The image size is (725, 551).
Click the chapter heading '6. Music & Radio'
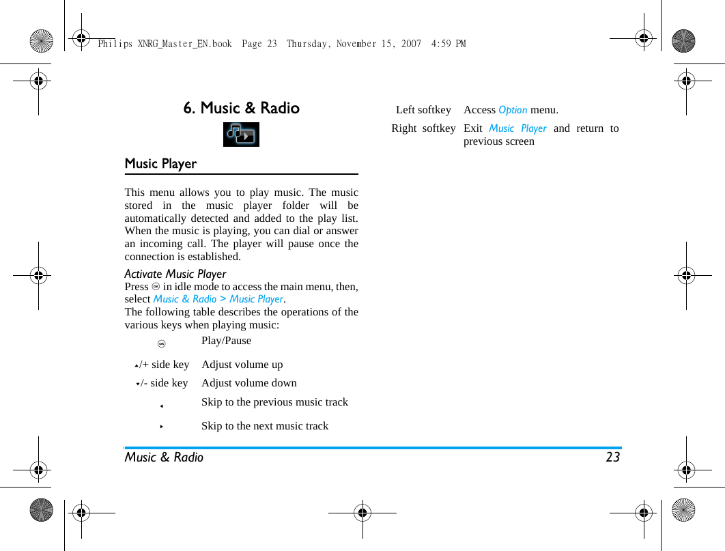click(241, 108)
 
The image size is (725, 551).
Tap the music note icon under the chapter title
click(241, 135)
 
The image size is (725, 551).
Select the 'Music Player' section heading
click(160, 164)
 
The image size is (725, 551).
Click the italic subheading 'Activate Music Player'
click(175, 274)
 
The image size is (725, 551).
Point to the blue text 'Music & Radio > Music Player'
click(218, 299)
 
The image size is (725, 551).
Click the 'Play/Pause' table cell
click(226, 341)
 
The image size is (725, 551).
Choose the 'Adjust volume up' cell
click(242, 365)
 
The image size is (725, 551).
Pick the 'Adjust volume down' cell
click(248, 383)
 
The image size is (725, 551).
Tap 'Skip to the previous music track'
click(274, 402)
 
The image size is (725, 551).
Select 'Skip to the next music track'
click(265, 426)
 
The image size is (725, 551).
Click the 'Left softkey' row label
click(423, 110)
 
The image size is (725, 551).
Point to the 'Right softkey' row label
click(423, 128)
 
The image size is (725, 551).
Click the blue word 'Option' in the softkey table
click(513, 110)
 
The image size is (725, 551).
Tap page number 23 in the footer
click(612, 457)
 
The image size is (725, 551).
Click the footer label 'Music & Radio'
click(164, 457)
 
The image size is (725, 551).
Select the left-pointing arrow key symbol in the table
click(162, 406)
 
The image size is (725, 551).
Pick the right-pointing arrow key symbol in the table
click(162, 427)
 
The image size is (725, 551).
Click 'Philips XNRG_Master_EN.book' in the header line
click(165, 44)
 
